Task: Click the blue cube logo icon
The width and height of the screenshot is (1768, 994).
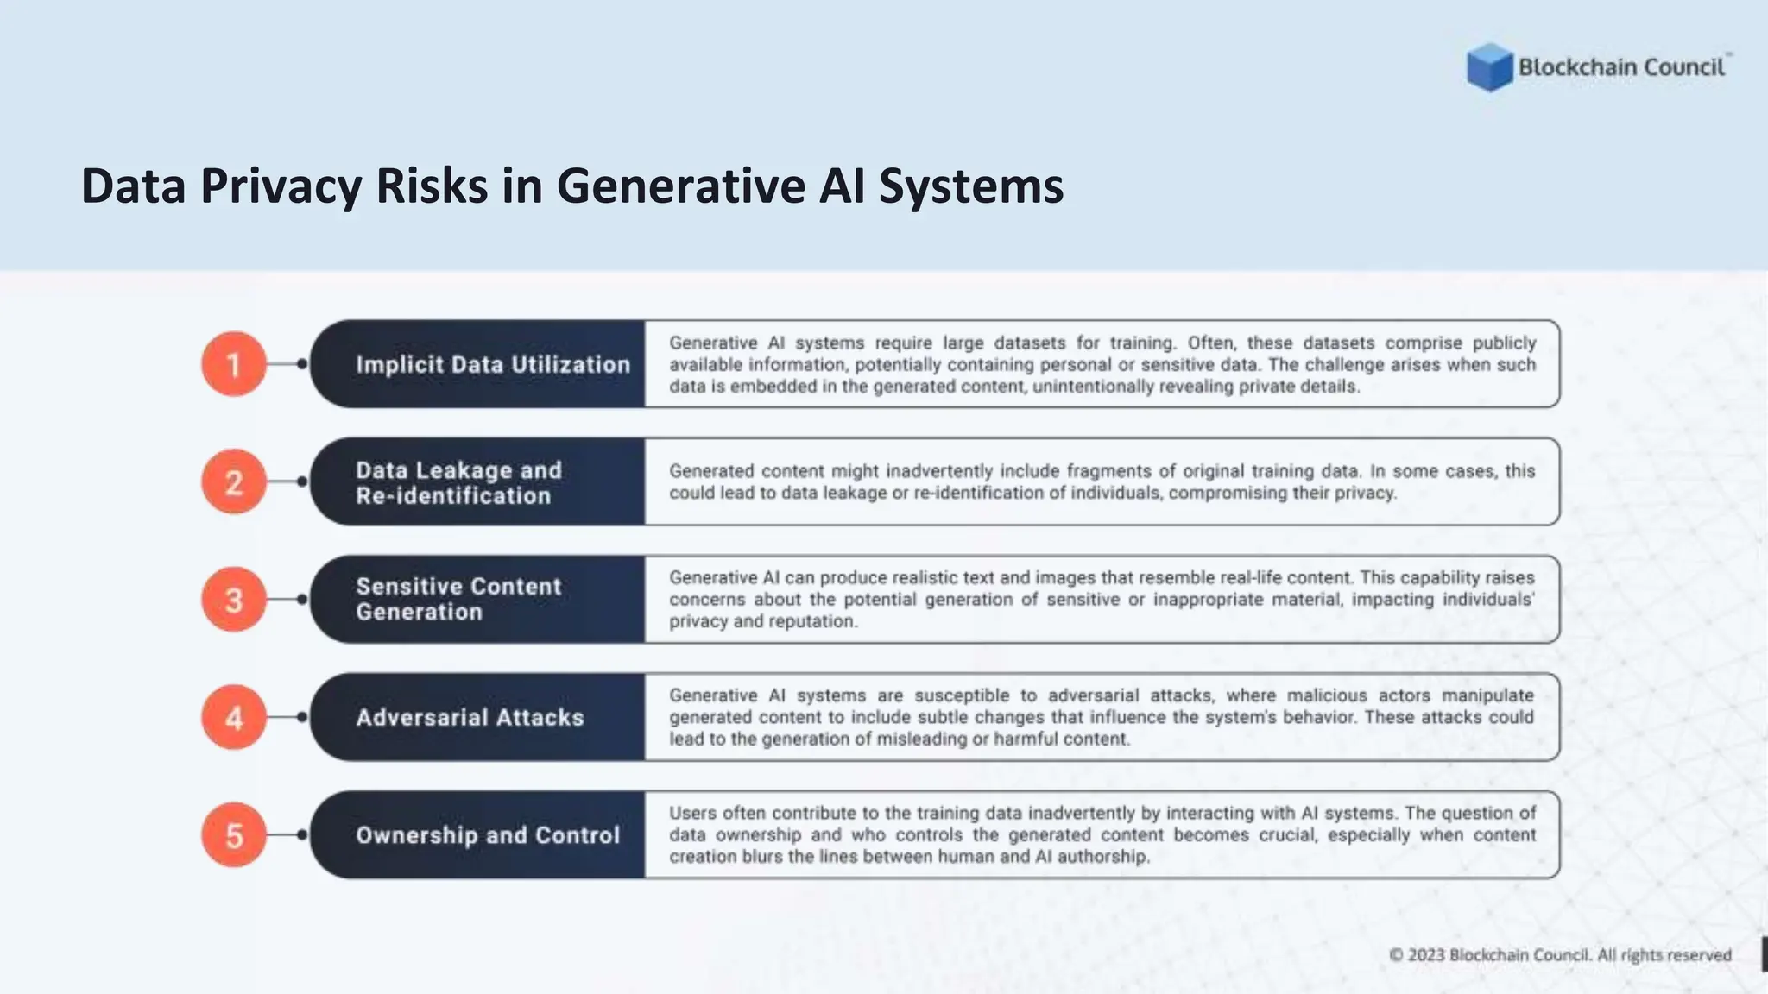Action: [x=1489, y=67]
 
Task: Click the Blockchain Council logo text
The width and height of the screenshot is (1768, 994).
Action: [x=1621, y=67]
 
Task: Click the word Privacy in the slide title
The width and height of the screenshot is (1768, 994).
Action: [x=281, y=186]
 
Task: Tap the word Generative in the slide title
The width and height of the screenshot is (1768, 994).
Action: [x=680, y=186]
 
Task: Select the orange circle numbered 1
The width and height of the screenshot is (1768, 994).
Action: [x=234, y=364]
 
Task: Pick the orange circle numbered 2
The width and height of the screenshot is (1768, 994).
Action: [x=234, y=481]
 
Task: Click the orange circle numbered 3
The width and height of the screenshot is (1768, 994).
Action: [x=234, y=600]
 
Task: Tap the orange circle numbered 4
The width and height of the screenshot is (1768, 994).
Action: [x=234, y=717]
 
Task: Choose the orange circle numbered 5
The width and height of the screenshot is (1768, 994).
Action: [x=234, y=835]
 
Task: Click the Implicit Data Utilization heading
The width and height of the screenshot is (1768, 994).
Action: [x=493, y=364]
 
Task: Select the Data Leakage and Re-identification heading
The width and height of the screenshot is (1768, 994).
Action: [x=458, y=482]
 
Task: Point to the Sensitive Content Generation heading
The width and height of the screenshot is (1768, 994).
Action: [x=458, y=599]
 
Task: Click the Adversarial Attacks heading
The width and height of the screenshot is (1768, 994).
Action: [x=470, y=717]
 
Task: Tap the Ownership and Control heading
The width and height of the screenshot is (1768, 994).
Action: [x=488, y=835]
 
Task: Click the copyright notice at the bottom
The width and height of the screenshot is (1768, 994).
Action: [x=1560, y=955]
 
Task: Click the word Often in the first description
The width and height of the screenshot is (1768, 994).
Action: [x=1210, y=343]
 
